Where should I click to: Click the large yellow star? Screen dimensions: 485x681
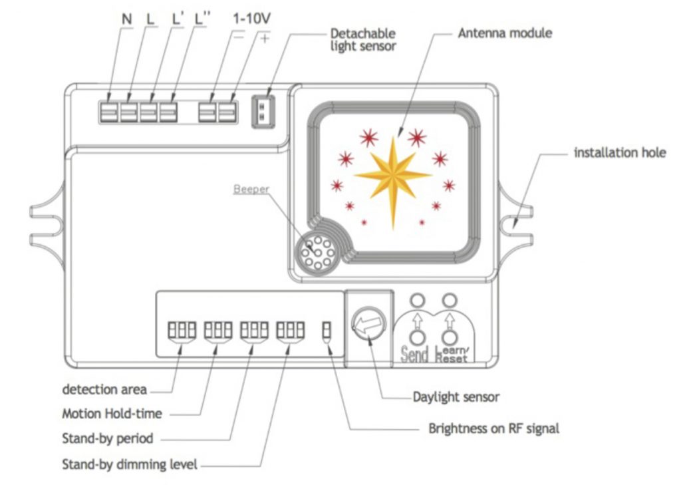tap(393, 175)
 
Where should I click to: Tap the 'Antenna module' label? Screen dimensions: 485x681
tap(505, 32)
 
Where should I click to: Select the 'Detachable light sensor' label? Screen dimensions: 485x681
tap(363, 39)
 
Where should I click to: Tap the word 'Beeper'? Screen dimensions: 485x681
tap(251, 189)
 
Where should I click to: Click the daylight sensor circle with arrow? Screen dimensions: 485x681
tap(364, 325)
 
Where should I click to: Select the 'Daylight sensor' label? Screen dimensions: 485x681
tap(456, 397)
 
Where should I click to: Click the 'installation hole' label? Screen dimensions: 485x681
tap(619, 153)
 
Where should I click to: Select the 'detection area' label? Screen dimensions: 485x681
tap(104, 389)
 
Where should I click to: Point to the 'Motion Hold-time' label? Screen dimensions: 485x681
tap(112, 413)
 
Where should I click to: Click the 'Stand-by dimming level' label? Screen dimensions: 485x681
tap(130, 464)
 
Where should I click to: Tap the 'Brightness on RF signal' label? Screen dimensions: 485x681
tap(493, 428)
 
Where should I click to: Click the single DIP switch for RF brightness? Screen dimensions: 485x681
tap(327, 329)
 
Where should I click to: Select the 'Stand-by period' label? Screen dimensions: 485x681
tap(107, 438)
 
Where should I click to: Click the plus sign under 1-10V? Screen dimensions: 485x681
tap(265, 38)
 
